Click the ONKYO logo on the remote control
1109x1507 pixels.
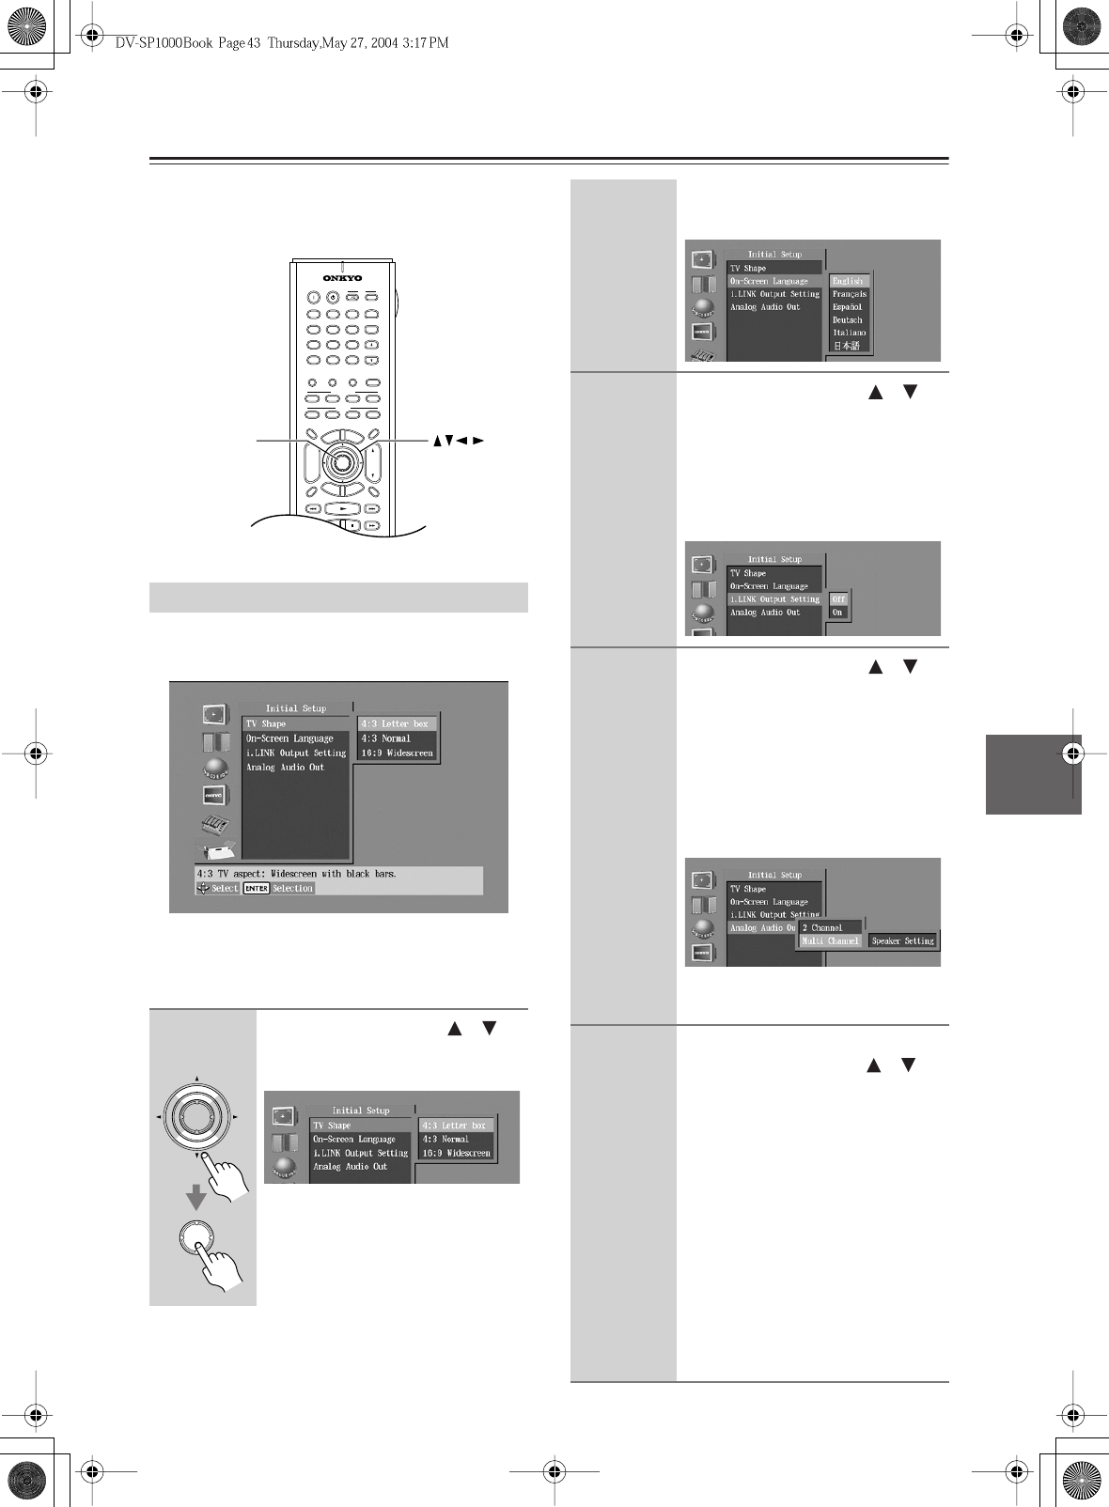tap(342, 278)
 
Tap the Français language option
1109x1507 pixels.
tap(849, 294)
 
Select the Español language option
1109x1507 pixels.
tap(847, 307)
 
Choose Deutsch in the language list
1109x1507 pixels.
tap(847, 320)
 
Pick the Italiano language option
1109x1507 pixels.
tap(849, 333)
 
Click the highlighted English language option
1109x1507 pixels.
tap(848, 281)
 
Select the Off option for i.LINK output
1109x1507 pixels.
tap(838, 598)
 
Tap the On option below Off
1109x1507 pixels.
tap(837, 613)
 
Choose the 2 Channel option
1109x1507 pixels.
tap(822, 927)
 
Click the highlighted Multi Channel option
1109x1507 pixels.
tap(830, 940)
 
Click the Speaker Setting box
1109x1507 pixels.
tap(902, 940)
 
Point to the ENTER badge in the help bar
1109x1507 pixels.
tap(256, 888)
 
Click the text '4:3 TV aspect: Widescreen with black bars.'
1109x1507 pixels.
tap(296, 874)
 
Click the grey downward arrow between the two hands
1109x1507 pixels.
tap(195, 1197)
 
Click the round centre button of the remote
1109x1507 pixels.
tap(342, 460)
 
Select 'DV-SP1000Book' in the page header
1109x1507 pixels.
tap(164, 42)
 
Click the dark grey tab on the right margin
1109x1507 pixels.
tap(1033, 774)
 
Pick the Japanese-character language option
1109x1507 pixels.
tap(846, 346)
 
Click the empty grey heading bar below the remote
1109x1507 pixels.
tap(338, 598)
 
